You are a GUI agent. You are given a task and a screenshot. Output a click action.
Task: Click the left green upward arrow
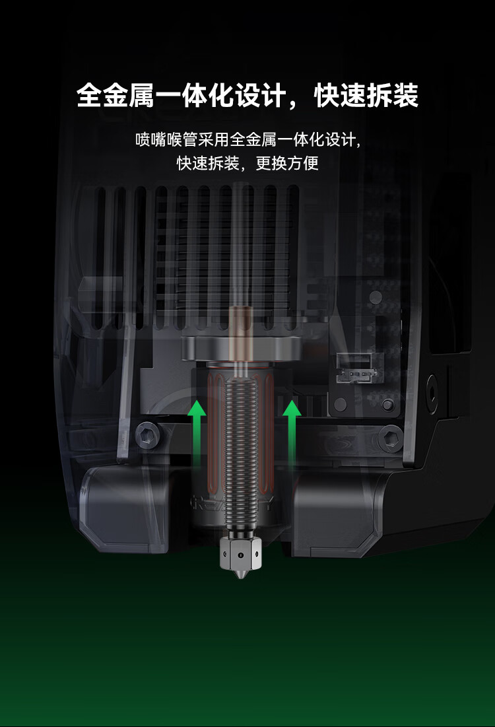tap(197, 431)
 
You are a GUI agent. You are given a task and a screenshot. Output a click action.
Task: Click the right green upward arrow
tap(292, 431)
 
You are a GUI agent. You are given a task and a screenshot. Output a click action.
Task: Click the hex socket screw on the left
tap(148, 435)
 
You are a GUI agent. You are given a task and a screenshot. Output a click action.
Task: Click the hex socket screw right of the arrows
tap(391, 436)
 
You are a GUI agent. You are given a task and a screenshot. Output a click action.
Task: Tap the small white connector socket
tap(354, 368)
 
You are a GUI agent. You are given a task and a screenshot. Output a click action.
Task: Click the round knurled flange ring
tap(241, 348)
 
